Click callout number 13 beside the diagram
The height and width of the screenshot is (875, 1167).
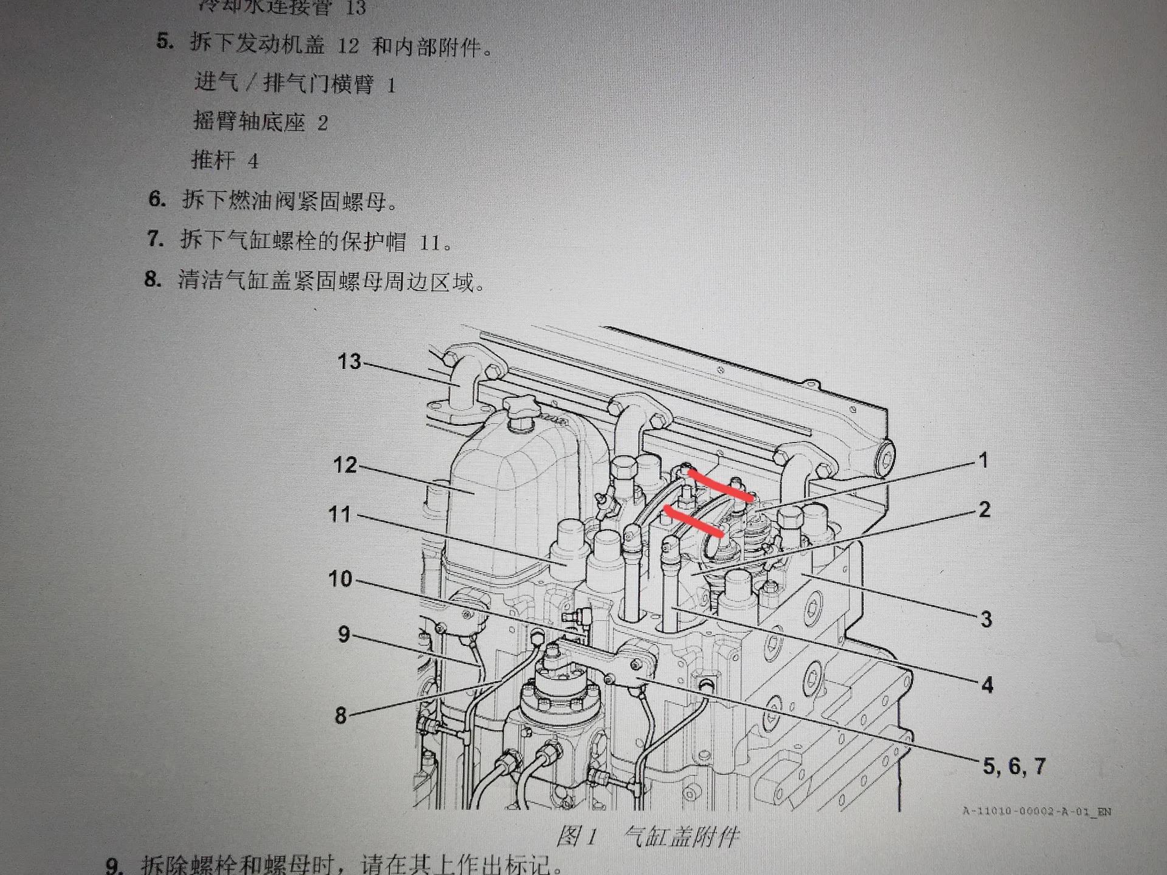click(x=349, y=362)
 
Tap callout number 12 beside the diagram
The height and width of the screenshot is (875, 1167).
click(x=345, y=465)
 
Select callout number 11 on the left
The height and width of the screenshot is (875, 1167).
click(x=340, y=515)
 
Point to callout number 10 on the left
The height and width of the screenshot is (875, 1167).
click(x=340, y=579)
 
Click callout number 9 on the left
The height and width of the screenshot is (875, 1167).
click(x=344, y=634)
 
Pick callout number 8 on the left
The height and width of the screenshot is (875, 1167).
click(x=341, y=715)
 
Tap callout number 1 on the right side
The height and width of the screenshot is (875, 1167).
click(x=983, y=461)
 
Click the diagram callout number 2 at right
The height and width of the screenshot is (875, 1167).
click(x=985, y=509)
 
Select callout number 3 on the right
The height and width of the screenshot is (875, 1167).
click(x=986, y=619)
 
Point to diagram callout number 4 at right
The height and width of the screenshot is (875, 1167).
click(x=987, y=685)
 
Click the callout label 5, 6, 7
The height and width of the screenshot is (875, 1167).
click(x=1014, y=766)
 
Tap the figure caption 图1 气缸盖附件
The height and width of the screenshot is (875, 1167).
click(x=648, y=837)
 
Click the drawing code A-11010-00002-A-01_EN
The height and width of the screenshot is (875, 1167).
click(x=1037, y=811)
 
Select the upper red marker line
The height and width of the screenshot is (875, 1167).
click(x=721, y=486)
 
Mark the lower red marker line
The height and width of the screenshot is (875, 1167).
click(x=694, y=522)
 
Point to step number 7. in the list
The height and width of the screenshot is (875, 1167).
click(x=156, y=239)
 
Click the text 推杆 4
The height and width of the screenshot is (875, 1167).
click(x=225, y=160)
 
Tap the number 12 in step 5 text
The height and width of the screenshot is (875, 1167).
click(x=348, y=46)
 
